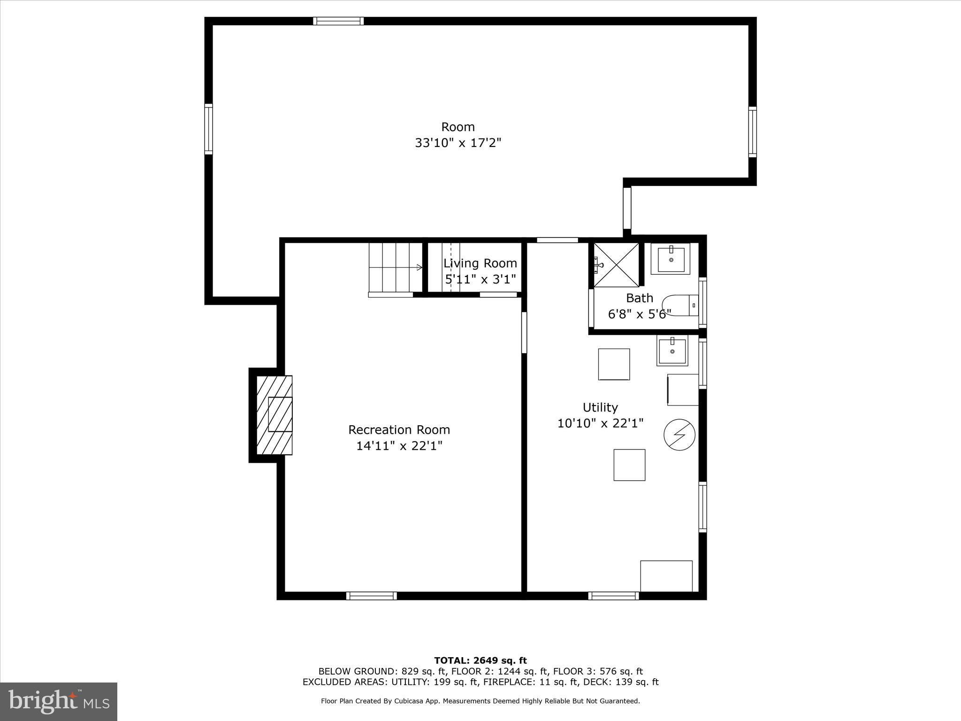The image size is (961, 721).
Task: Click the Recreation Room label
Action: point(399,430)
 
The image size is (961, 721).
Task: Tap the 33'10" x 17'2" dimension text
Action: point(458,143)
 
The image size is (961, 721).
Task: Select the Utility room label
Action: point(600,407)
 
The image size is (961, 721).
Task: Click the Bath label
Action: point(640,298)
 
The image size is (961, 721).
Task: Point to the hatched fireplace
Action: point(275,415)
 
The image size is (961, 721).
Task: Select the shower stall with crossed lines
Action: point(616,265)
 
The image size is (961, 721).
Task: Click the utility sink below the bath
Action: point(672,351)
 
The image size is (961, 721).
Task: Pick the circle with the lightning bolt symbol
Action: point(679,435)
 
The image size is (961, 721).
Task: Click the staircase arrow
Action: point(419,268)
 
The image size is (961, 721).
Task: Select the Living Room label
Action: point(480,263)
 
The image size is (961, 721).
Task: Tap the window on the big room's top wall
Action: point(338,21)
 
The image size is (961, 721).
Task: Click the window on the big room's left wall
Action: point(208,129)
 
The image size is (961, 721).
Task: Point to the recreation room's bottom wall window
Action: point(371,596)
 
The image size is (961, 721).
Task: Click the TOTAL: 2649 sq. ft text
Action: point(480,660)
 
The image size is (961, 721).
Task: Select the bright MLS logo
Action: point(59,701)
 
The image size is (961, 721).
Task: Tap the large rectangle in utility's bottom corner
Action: point(666,576)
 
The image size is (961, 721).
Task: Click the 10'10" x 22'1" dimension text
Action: point(600,423)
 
